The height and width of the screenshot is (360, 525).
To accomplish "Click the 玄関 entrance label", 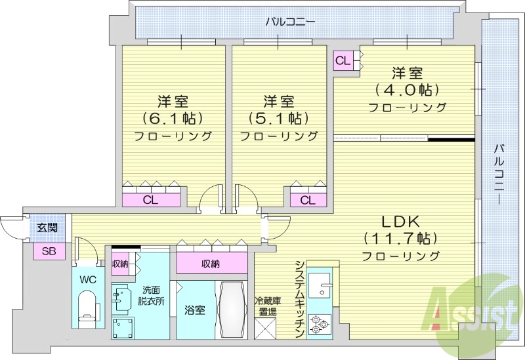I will pyautogui.click(x=46, y=228).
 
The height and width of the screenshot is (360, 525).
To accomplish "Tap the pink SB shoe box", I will pyautogui.click(x=49, y=250).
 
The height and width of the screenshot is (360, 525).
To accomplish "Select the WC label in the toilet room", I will pyautogui.click(x=88, y=278).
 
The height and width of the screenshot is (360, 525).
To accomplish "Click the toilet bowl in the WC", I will pyautogui.click(x=87, y=308).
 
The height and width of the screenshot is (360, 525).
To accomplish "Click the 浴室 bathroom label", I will pyautogui.click(x=195, y=310).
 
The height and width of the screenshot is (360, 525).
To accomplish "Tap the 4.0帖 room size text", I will pyautogui.click(x=407, y=89).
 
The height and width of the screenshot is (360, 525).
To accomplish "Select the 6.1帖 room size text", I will pyautogui.click(x=173, y=119).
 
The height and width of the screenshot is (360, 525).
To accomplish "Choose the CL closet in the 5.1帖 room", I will pyautogui.click(x=307, y=200).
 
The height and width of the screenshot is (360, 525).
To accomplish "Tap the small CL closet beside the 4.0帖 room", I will pyautogui.click(x=343, y=61).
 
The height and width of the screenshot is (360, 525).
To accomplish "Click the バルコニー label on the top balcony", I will pyautogui.click(x=291, y=22).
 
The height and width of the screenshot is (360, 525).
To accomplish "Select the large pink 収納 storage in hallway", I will pyautogui.click(x=211, y=264).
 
